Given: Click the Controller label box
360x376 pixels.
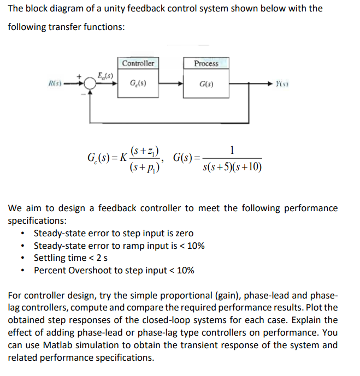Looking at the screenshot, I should (138, 63).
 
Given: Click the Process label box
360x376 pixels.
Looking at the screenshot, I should (206, 63).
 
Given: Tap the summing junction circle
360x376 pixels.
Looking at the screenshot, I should (89, 83).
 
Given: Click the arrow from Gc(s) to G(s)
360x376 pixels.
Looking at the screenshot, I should (172, 83).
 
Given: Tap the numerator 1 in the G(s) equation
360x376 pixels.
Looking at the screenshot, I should (232, 150).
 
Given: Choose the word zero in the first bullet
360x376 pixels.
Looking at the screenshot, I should (183, 233).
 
